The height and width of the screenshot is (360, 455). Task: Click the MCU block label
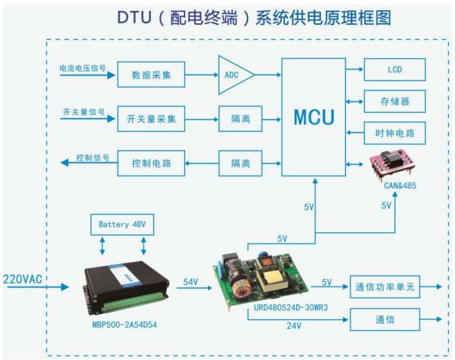[x=314, y=117]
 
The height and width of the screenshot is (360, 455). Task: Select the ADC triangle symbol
[x=236, y=75]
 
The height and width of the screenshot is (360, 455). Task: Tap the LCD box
[x=395, y=70]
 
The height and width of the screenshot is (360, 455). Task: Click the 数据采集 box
[x=151, y=74]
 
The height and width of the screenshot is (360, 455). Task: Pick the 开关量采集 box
[x=151, y=119]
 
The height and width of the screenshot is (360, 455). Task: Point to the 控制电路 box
[x=151, y=163]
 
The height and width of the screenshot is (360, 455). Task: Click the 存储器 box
[x=395, y=102]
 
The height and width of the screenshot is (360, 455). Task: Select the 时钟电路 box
[x=395, y=133]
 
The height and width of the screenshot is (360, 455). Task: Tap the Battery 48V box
[x=122, y=224]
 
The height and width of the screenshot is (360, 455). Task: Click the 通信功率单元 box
[x=385, y=287]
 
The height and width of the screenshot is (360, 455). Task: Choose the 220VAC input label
[x=22, y=279]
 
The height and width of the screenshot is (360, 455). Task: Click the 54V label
[x=191, y=282]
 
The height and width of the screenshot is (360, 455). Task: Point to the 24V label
[x=293, y=325]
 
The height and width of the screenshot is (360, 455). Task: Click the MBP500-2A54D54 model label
[x=124, y=325]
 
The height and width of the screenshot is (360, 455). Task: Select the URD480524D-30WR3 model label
[x=291, y=307]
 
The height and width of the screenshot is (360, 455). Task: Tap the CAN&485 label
[x=400, y=185]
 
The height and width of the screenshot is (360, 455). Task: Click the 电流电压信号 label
[x=82, y=68]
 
